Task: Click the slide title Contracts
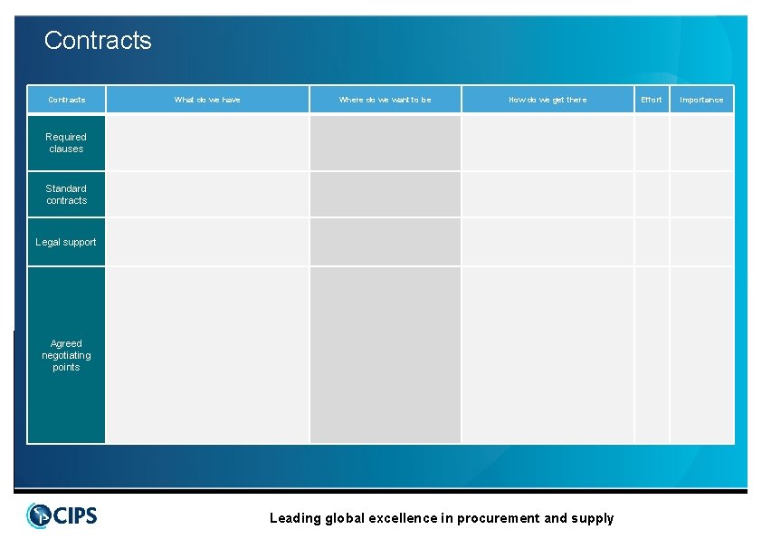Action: coord(98,41)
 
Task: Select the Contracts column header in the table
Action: coord(66,100)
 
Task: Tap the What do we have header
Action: coord(207,100)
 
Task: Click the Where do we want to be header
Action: coord(386,100)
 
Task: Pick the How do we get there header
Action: coord(548,100)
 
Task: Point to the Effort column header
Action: coord(652,100)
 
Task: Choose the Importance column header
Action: coord(701,100)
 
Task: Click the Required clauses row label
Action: coord(66,143)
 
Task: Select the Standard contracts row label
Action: coord(66,195)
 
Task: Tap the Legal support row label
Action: coord(66,242)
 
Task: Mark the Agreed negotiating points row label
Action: coord(66,355)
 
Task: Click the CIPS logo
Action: coord(62,515)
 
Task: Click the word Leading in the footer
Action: coord(295,518)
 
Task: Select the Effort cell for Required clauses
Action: coord(652,143)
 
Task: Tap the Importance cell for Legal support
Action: coord(701,242)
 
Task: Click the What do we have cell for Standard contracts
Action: coord(207,195)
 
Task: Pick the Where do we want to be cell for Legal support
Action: coord(386,242)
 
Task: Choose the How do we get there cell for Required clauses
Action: coord(548,143)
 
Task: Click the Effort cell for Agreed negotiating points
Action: coord(652,355)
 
